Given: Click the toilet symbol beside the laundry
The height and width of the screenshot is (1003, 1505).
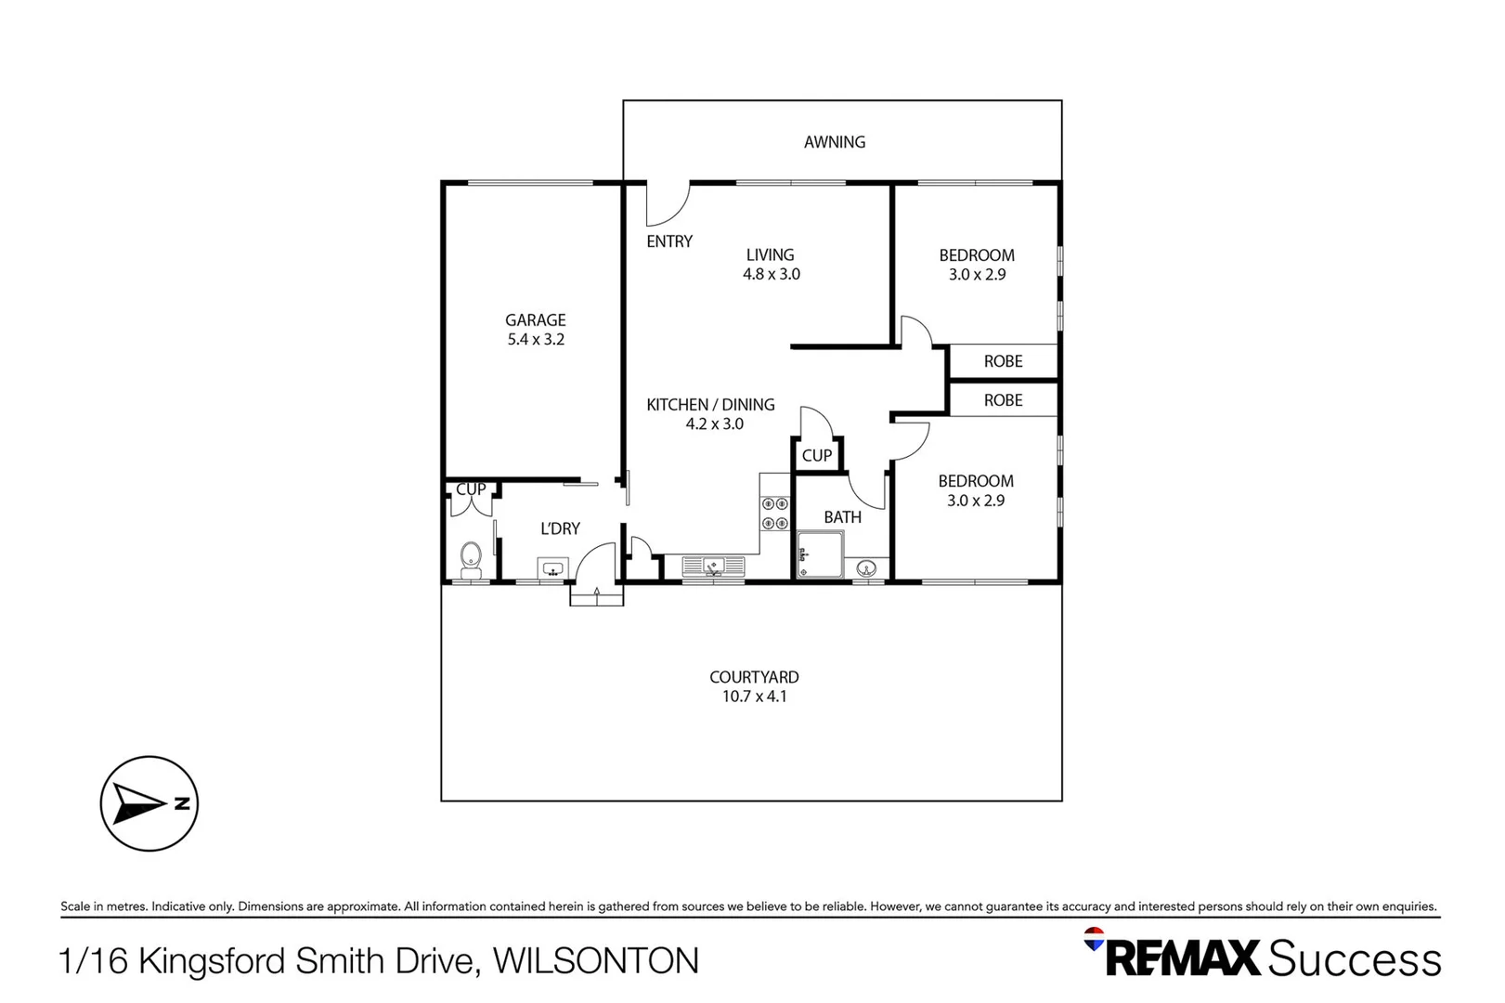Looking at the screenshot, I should click(471, 559).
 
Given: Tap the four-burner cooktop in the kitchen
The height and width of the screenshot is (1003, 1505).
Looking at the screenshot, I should click(775, 514).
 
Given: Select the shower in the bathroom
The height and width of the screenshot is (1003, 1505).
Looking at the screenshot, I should click(820, 554).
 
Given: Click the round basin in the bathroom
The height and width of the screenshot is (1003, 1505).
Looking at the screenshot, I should click(867, 567).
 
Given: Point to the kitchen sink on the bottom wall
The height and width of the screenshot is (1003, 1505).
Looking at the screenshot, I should click(713, 566).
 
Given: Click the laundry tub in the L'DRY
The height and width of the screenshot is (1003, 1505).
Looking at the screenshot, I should click(552, 567).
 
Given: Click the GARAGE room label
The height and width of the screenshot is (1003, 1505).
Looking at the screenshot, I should click(536, 319).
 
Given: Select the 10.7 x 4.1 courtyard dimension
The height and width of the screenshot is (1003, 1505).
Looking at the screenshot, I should click(754, 697).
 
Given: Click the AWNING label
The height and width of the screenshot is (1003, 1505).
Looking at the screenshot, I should click(834, 142).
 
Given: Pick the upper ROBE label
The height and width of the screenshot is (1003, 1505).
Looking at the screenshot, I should click(1003, 361).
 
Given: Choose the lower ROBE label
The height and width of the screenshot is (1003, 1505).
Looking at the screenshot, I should click(1003, 400).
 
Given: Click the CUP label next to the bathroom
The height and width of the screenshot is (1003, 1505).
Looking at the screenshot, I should click(816, 456).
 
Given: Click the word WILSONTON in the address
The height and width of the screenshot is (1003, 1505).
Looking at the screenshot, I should click(595, 960).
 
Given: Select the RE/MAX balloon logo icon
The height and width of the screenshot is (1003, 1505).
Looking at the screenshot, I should click(1095, 938).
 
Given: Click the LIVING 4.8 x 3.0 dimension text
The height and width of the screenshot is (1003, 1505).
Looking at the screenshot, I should click(771, 274).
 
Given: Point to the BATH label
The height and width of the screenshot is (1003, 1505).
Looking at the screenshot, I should click(842, 517).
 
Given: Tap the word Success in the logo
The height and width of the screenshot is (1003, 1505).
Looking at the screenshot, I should click(1354, 958).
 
